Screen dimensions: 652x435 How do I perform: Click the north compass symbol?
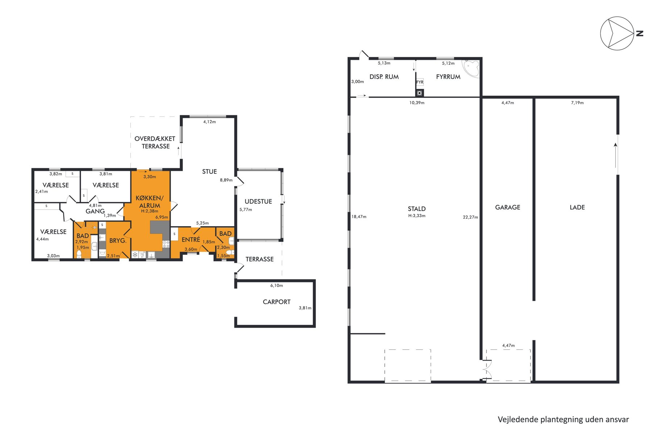click(x=617, y=33)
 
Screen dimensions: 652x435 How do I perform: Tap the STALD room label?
click(x=417, y=209)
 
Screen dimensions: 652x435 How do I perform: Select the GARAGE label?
click(x=507, y=207)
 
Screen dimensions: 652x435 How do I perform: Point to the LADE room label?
click(x=577, y=207)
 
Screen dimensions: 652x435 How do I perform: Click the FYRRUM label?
click(x=448, y=77)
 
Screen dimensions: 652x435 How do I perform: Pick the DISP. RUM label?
click(x=384, y=77)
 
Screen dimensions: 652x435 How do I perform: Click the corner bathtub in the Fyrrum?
click(x=471, y=68)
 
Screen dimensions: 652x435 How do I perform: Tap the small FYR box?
click(x=420, y=82)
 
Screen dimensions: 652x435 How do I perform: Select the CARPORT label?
click(x=276, y=302)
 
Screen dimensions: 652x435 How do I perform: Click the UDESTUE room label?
click(x=258, y=202)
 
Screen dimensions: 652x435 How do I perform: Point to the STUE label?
click(x=209, y=172)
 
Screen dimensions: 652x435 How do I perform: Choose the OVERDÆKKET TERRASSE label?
click(x=155, y=142)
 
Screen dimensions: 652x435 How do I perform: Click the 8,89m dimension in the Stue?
click(x=226, y=180)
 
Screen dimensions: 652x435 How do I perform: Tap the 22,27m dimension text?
click(x=470, y=217)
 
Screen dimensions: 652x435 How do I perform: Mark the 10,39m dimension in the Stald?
click(x=417, y=103)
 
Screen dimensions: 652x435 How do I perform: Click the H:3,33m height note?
click(x=417, y=216)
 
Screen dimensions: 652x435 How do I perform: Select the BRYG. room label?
click(x=118, y=240)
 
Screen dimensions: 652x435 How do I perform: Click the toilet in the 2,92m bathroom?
click(x=79, y=253)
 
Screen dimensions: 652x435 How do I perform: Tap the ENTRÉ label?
click(x=191, y=240)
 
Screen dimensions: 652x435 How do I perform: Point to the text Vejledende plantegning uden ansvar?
click(x=563, y=419)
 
